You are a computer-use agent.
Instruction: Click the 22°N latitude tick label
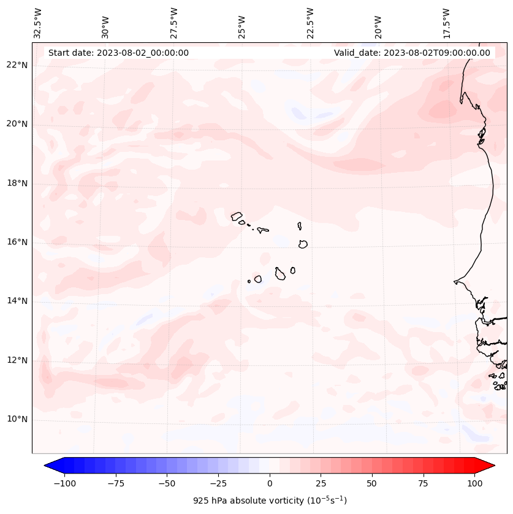17,65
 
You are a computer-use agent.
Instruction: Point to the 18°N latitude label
17,183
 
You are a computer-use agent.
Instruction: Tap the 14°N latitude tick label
17,301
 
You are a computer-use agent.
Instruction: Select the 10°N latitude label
17,419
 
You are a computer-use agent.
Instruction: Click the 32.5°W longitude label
38,23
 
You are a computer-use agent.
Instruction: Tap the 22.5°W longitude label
310,23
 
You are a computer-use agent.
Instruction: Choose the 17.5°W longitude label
446,23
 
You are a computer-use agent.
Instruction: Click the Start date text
118,53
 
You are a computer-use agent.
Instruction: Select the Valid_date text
412,53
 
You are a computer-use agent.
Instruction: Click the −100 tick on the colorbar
64,483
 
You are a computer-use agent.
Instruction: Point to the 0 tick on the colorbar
270,483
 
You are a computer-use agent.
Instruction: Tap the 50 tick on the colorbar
372,483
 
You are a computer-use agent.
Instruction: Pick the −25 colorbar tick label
218,483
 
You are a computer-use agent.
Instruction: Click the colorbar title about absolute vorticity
270,501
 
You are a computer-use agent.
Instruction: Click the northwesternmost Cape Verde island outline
237,216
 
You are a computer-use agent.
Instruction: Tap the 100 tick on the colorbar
474,483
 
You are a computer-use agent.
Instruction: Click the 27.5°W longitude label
174,23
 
